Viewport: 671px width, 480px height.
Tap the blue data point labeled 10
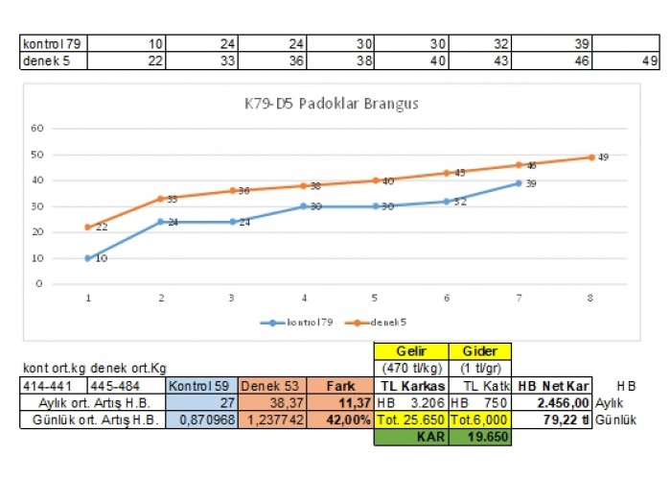click(88, 258)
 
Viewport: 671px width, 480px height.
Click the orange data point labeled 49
click(590, 157)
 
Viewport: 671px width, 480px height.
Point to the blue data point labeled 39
click(519, 183)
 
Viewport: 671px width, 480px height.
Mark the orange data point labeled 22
click(88, 228)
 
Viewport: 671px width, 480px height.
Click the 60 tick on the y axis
click(38, 129)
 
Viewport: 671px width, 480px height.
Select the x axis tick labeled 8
click(590, 298)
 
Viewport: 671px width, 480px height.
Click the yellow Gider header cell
click(480, 351)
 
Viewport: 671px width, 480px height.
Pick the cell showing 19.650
click(480, 437)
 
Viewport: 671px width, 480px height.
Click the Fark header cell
click(339, 386)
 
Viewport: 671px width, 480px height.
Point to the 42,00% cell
click(339, 420)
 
